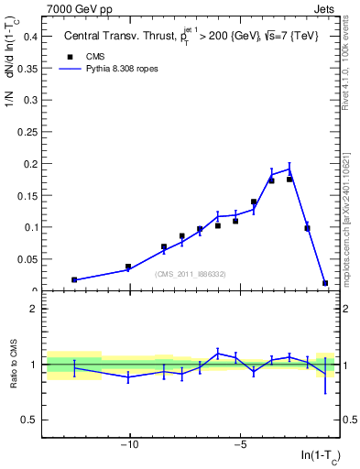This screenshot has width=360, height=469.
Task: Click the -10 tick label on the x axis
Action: coord(130,445)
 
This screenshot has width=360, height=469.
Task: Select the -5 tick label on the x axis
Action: coord(240,445)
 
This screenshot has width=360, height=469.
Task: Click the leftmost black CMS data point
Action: coord(74,279)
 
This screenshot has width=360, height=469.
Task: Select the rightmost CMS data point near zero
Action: coord(325,283)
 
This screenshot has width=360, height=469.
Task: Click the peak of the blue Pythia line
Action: coord(289,168)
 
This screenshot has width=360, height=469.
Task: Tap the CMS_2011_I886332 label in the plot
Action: coord(191,274)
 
